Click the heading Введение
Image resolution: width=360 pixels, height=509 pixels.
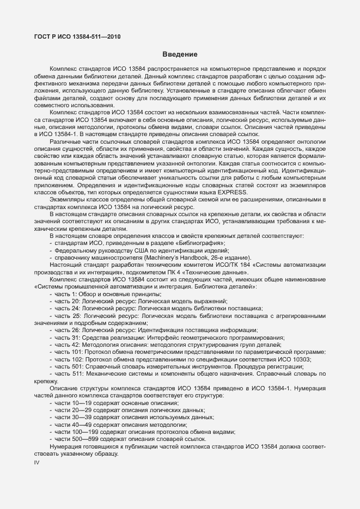(180, 54)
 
